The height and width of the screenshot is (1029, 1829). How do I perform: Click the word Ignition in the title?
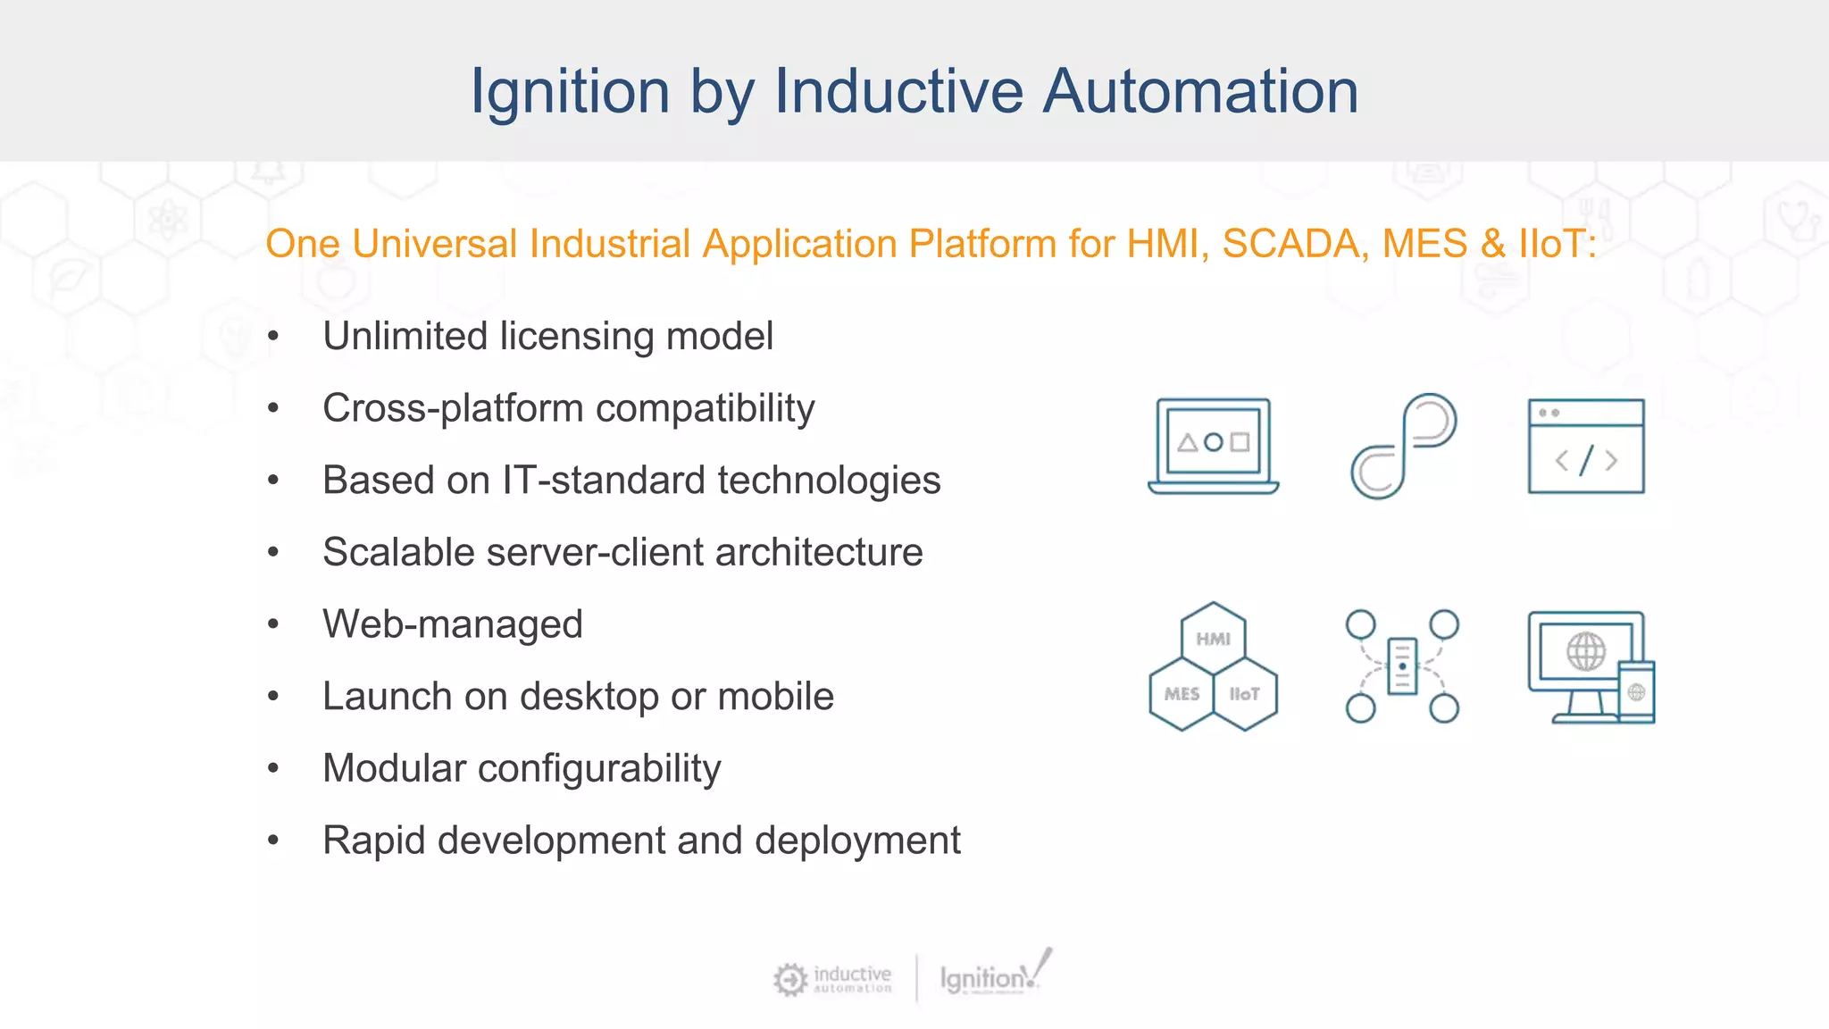[x=570, y=92]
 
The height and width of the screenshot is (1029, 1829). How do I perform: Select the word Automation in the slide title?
[x=1200, y=92]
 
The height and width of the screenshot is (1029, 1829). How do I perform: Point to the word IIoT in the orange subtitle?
[x=1557, y=244]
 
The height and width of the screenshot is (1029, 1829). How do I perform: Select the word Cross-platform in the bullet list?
[x=453, y=409]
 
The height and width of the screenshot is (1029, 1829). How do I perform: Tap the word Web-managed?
[x=453, y=624]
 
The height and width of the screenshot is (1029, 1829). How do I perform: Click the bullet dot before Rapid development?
[x=273, y=841]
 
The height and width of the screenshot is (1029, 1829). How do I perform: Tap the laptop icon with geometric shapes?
[x=1213, y=446]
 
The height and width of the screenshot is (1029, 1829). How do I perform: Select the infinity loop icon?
[x=1403, y=446]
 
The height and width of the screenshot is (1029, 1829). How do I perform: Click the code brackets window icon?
[x=1586, y=446]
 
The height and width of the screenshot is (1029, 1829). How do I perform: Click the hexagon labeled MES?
[x=1182, y=694]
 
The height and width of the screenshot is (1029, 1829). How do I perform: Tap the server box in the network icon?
[x=1402, y=666]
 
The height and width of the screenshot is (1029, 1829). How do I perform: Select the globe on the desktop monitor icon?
[x=1586, y=651]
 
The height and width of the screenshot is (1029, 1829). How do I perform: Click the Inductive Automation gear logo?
[x=790, y=979]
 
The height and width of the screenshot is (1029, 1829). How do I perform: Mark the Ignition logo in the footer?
[x=991, y=977]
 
